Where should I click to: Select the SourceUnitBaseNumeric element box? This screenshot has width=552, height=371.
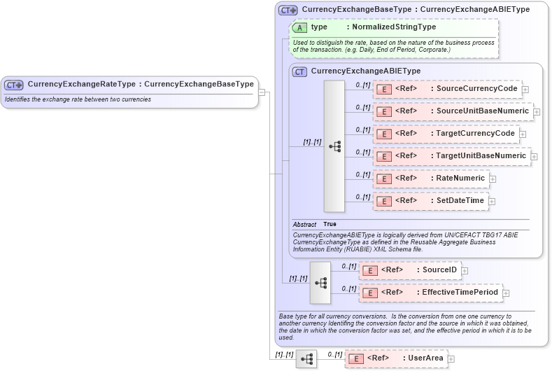[453, 111]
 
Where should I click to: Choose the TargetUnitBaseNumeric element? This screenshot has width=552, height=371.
[451, 156]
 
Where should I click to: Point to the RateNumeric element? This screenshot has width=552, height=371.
[430, 178]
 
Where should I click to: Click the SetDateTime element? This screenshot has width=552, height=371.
[430, 201]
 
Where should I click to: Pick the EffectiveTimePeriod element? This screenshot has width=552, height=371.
[430, 293]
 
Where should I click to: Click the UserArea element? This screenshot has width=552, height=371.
[396, 358]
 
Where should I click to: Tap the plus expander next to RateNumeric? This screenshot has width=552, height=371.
[493, 179]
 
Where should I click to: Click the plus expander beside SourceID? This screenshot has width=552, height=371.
[465, 271]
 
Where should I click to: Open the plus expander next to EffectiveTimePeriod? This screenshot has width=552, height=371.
[506, 293]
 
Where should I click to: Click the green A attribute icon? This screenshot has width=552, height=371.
[299, 27]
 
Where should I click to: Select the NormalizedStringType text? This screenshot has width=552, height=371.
[394, 27]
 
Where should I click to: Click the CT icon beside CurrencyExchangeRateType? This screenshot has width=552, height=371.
[14, 85]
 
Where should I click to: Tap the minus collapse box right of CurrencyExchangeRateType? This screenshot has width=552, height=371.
[262, 91]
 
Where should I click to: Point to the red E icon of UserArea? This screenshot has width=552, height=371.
[355, 358]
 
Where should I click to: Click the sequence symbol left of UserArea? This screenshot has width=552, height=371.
[306, 358]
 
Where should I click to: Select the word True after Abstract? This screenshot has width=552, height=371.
[330, 224]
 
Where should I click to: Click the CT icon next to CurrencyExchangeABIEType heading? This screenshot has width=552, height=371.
[299, 71]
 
